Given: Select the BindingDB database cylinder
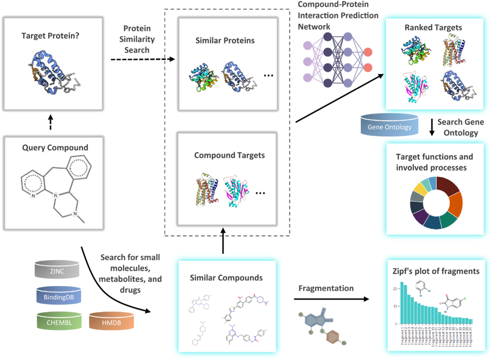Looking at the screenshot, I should tap(59, 297).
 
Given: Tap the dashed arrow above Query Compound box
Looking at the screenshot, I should tap(51, 123).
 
